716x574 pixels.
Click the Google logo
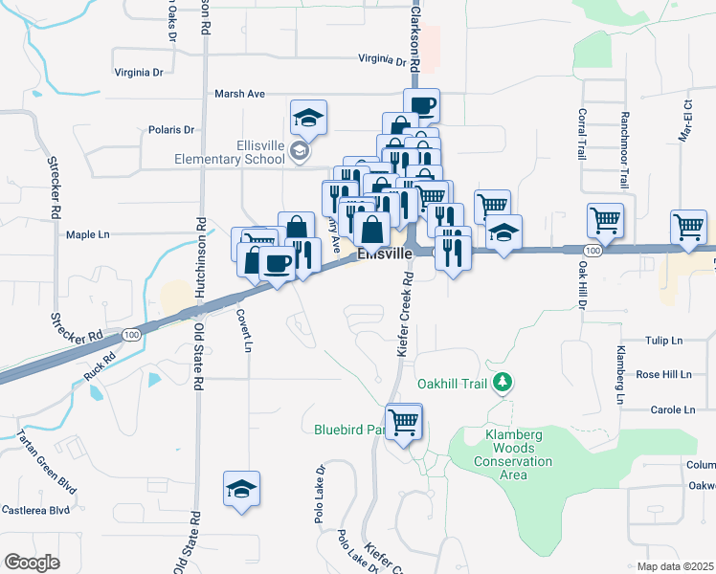32,563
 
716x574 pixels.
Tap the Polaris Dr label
171,129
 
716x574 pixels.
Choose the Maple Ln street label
88,233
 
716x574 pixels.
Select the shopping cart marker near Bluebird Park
404,420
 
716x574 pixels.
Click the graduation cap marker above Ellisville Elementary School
308,118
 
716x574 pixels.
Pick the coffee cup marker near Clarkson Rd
420,105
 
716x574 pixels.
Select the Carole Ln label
672,409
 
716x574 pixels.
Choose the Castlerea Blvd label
35,509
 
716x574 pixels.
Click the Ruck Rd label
99,366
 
